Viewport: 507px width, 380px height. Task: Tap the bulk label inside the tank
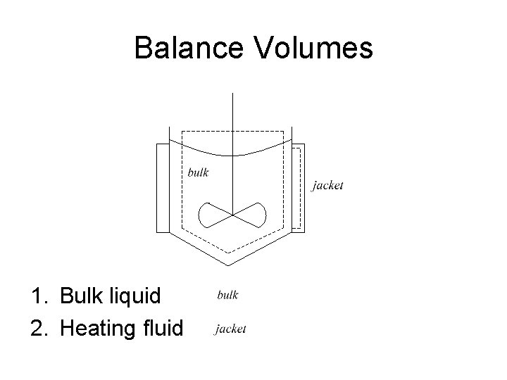coord(198,172)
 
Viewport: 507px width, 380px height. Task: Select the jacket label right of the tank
coord(327,186)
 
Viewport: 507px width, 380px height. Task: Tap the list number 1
coord(36,296)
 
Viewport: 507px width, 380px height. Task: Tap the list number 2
coord(36,327)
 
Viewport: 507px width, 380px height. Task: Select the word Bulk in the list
coord(80,296)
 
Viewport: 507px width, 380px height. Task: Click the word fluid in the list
coord(163,327)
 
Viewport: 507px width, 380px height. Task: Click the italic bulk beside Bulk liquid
coord(227,296)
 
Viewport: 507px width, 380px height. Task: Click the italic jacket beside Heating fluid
coord(231,329)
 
